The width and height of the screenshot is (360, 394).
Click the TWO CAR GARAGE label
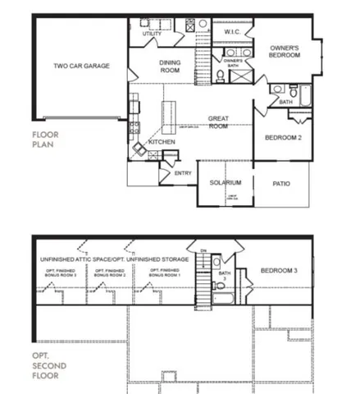81,66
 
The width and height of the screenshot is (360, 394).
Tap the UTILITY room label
152,34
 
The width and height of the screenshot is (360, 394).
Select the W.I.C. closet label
231,32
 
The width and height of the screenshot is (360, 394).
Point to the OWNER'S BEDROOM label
285,52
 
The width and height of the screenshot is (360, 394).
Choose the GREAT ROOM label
217,121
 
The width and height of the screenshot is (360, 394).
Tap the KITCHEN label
161,142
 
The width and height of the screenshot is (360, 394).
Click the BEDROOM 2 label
283,138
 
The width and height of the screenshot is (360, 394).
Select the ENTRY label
183,173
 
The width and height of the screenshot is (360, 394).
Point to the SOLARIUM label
225,182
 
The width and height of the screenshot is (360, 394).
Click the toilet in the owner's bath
220,77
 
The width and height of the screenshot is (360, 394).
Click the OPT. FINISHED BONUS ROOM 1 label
165,272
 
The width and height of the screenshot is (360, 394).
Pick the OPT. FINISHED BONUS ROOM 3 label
62,272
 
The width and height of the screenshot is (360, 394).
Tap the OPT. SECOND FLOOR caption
47,365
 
